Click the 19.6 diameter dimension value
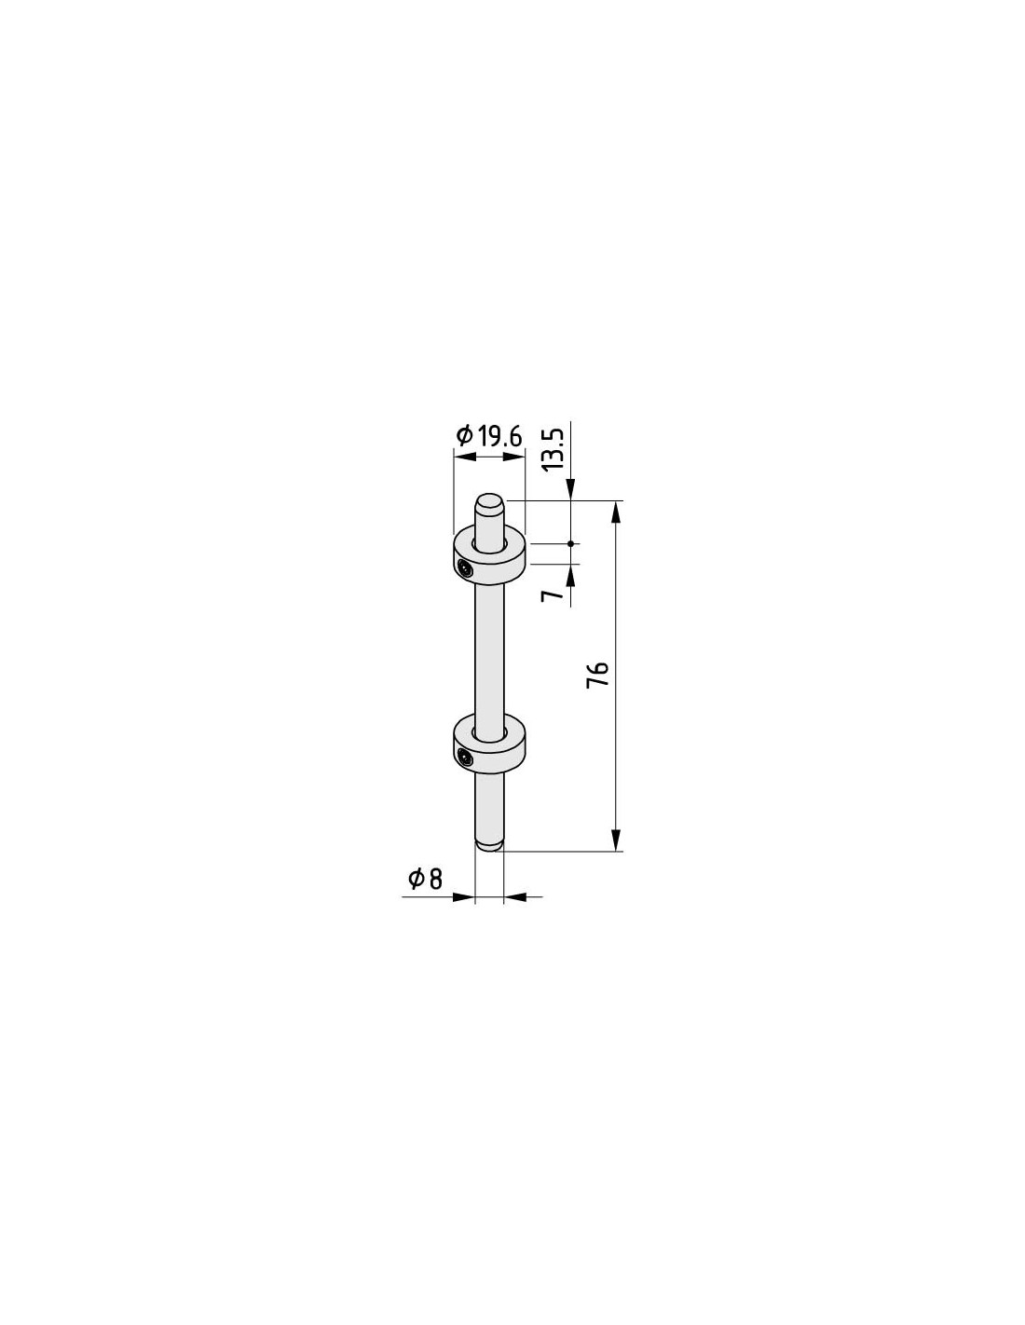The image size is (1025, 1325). pyautogui.click(x=500, y=437)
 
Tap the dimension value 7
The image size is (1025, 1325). pyautogui.click(x=553, y=594)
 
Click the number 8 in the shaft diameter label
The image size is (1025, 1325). pyautogui.click(x=435, y=880)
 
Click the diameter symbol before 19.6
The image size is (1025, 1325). pyautogui.click(x=464, y=437)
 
